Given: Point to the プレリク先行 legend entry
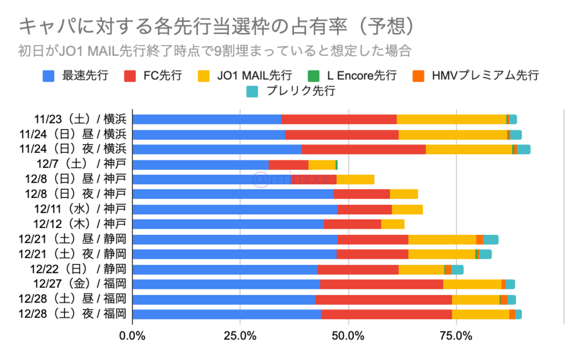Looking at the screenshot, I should [298, 90].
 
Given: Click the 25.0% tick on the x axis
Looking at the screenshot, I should [240, 336].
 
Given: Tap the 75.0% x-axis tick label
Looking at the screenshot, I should [456, 336].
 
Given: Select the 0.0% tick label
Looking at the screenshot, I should [132, 336].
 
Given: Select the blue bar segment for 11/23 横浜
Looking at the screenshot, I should [207, 119].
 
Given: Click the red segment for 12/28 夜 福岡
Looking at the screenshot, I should [386, 314].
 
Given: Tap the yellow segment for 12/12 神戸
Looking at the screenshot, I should [393, 224].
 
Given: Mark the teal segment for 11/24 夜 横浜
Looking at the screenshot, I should [523, 149].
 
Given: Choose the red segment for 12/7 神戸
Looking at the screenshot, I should [289, 164].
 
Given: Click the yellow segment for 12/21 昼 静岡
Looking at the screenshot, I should [442, 239].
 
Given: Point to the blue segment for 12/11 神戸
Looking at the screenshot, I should [235, 209].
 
